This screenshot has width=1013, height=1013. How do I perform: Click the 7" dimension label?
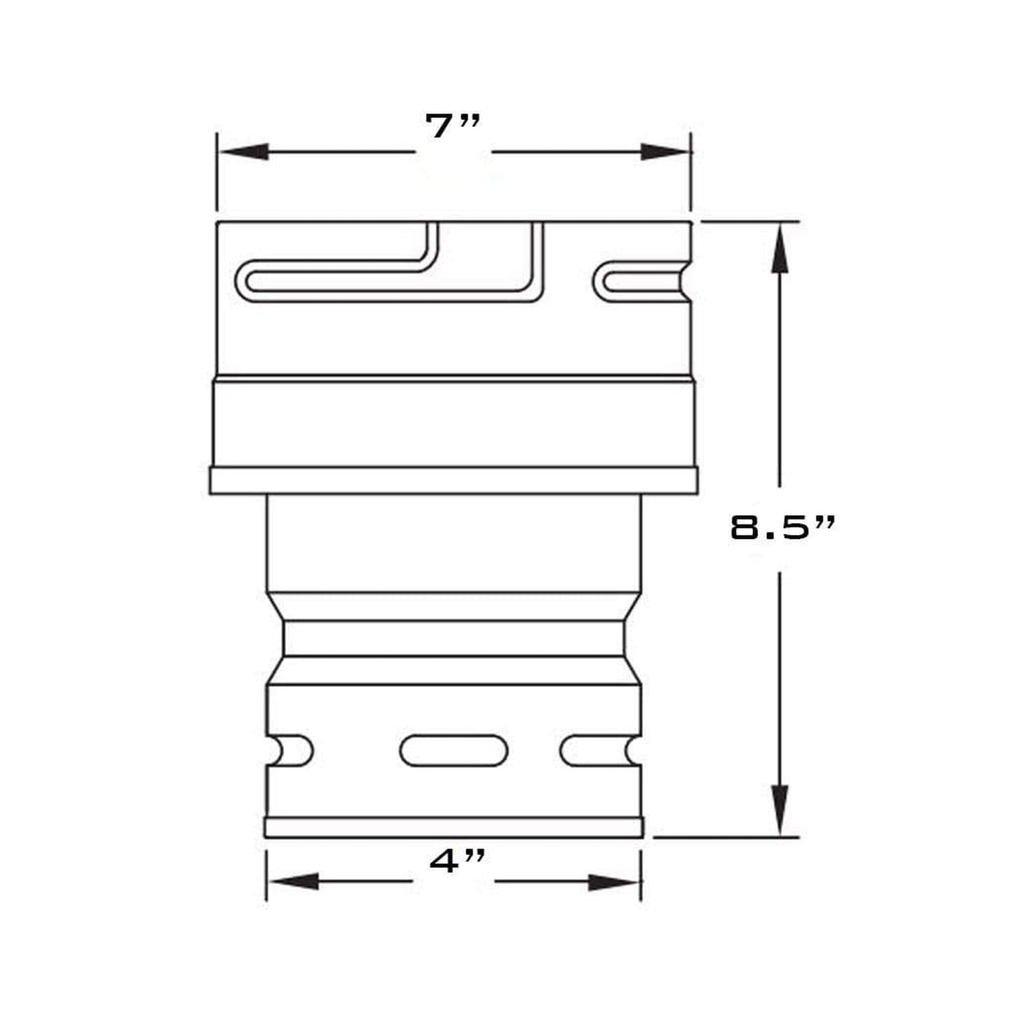pos(452,127)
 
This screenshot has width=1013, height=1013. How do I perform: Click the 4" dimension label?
pos(456,861)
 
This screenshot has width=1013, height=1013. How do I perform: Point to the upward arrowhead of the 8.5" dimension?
pos(780,249)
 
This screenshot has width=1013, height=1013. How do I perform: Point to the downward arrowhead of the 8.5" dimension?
pos(780,810)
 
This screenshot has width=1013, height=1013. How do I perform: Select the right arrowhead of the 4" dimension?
pos(614,882)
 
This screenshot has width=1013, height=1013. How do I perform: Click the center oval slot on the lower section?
pos(454,751)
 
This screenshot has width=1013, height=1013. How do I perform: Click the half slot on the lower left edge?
pos(290,751)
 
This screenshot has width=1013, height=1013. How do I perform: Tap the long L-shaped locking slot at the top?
pos(393,281)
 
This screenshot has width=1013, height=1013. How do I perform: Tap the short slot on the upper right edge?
pos(641,282)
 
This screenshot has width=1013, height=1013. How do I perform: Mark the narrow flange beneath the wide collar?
pos(454,481)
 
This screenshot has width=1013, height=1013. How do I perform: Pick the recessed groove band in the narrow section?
pos(454,639)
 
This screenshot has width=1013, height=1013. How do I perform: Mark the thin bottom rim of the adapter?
pos(454,828)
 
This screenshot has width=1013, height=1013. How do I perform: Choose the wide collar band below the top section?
pos(454,422)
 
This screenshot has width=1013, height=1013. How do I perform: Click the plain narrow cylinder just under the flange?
pos(454,543)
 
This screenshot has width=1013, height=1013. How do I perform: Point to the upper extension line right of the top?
pos(750,222)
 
